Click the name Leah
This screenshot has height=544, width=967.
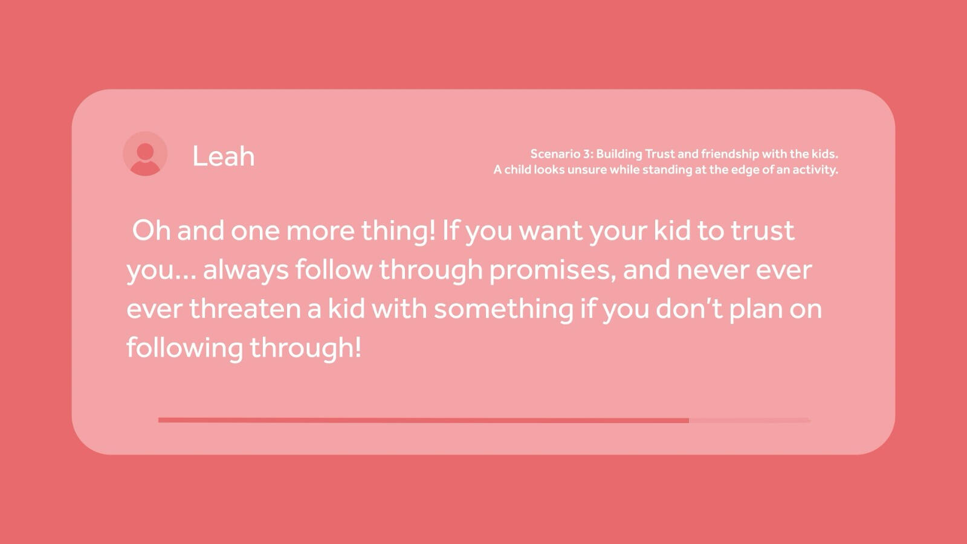[x=223, y=156]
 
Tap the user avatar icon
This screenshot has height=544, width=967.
[x=145, y=154]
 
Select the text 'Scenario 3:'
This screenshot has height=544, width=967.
[x=561, y=154]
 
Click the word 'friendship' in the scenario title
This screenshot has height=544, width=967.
[x=729, y=154]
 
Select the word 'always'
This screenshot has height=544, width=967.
[x=245, y=270]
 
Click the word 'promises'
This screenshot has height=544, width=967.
[x=552, y=270]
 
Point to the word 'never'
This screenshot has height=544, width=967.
[x=713, y=270]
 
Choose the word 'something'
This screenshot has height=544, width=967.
[x=503, y=309]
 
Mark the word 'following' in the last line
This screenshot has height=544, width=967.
[x=185, y=348]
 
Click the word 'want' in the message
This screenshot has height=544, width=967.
[x=551, y=231]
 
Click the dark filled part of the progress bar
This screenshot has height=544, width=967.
[x=424, y=420]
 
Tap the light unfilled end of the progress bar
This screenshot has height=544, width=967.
[x=750, y=420]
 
